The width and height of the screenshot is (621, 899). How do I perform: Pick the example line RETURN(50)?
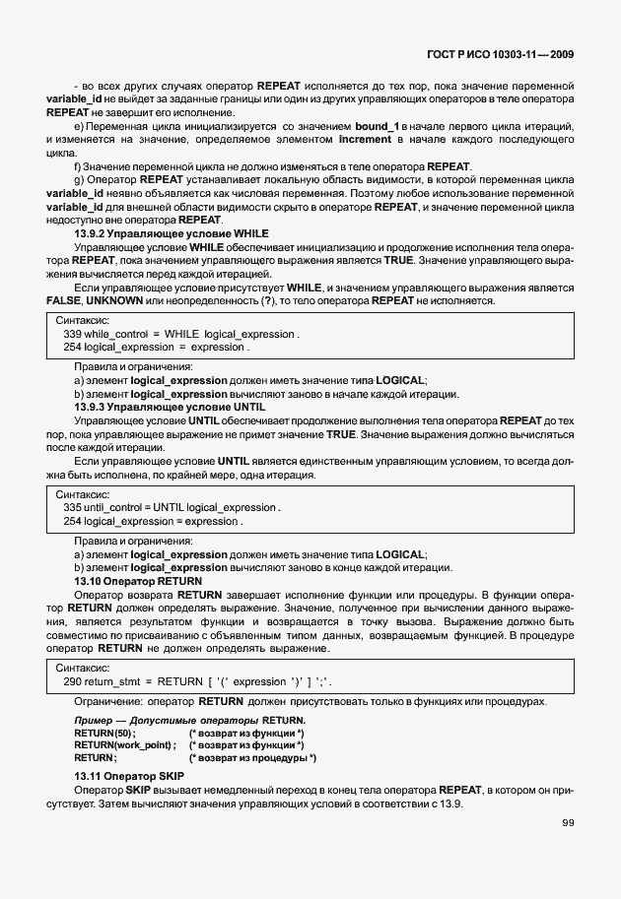point(104,734)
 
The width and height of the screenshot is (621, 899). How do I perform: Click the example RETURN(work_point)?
point(125,745)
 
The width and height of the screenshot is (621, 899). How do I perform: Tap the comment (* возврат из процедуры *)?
point(252,758)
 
